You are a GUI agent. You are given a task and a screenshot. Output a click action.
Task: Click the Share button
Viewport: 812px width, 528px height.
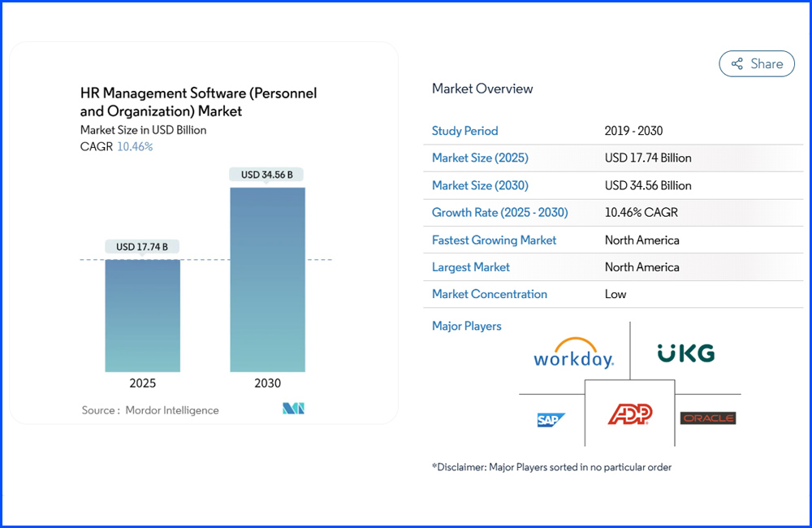point(757,63)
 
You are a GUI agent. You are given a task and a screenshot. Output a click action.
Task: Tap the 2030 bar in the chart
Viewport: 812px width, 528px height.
point(267,279)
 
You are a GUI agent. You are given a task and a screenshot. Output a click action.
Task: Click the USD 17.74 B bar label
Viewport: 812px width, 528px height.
point(142,247)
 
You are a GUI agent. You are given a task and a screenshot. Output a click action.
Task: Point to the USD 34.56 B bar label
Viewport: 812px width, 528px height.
point(267,175)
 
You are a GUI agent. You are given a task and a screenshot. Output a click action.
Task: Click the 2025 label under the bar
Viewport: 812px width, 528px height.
point(142,383)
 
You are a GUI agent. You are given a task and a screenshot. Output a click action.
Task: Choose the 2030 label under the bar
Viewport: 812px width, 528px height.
point(267,383)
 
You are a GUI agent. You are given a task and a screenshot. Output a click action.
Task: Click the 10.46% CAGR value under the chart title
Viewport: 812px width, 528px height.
point(136,146)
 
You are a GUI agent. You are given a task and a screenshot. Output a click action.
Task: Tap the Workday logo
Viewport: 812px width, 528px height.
point(574,354)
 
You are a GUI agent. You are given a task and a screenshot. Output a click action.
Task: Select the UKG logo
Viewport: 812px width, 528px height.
point(686,353)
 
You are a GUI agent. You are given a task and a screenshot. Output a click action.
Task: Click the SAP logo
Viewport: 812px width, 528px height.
point(551,419)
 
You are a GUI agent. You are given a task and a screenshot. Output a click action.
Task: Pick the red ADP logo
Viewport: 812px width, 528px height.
point(630,414)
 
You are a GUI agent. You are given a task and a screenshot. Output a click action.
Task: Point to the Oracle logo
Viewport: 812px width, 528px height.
point(707,418)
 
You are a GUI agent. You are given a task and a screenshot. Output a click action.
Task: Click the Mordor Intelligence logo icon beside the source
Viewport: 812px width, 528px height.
point(293,409)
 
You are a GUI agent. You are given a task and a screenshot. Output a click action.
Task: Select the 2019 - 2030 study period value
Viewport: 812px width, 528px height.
point(633,131)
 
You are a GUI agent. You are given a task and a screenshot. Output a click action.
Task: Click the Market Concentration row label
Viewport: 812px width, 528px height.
point(490,294)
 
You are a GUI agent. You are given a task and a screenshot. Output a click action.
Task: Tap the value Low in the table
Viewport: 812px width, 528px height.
point(615,294)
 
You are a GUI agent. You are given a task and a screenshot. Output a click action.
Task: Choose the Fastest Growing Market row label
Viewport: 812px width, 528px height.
point(495,240)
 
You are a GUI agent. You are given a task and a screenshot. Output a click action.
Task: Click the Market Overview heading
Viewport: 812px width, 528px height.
point(482,89)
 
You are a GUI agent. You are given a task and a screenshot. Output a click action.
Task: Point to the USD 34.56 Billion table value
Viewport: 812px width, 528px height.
point(648,185)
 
